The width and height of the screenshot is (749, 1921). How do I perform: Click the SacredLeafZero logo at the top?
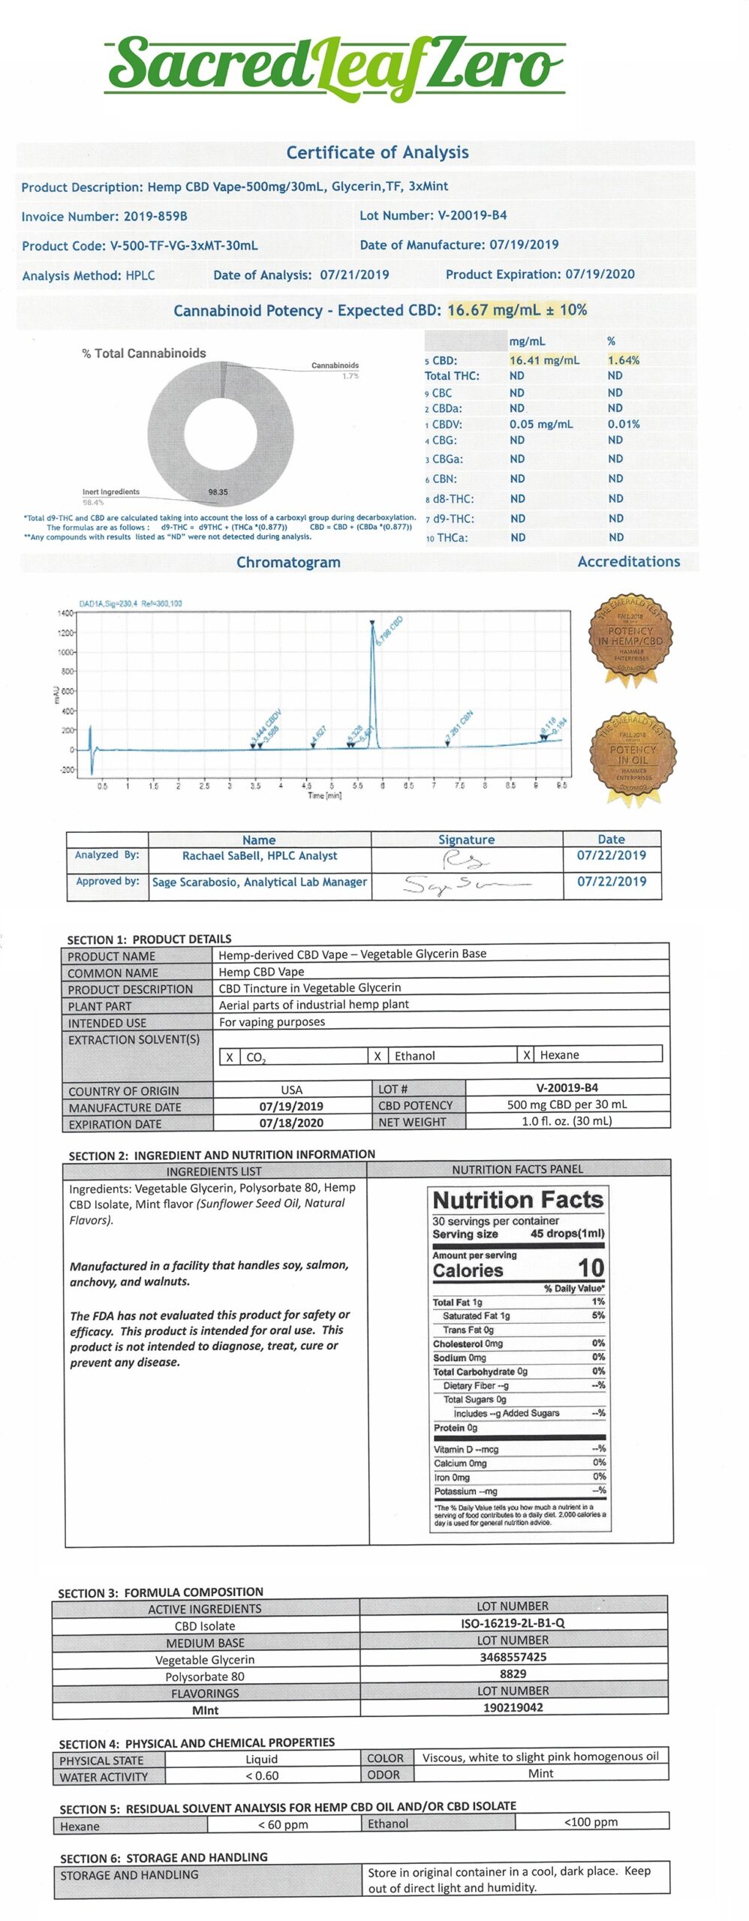[x=335, y=66]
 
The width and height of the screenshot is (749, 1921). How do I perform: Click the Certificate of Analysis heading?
[x=377, y=152]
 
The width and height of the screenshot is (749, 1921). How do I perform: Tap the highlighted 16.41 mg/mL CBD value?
[x=544, y=360]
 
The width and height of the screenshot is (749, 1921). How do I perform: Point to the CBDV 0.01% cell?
[x=624, y=424]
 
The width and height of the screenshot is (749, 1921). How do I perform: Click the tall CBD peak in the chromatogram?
[x=373, y=675]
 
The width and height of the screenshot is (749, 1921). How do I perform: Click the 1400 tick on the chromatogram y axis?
[x=65, y=613]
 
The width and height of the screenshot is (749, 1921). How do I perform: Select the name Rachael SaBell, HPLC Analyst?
[x=260, y=855]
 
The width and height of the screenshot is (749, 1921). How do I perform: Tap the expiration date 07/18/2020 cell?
[x=291, y=1123]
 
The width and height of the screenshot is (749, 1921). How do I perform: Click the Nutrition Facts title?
[x=518, y=1200]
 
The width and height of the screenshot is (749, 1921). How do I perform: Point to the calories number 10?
[x=590, y=1268]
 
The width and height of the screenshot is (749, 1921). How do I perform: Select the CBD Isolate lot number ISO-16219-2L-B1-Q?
[x=513, y=1622]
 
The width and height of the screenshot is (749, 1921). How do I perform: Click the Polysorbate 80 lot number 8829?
[x=513, y=1673]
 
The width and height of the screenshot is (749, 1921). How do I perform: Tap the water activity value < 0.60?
[x=262, y=1775]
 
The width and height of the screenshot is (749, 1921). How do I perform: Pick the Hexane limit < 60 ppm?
[x=283, y=1824]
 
